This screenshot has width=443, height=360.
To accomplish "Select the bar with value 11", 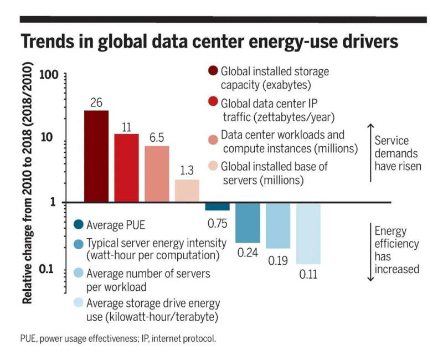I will tap(126, 168).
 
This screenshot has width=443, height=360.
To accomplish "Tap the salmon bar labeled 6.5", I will tap(157, 174).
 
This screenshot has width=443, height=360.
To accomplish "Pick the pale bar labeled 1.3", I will tap(187, 191).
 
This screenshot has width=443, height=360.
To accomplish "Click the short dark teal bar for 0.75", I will tap(217, 207).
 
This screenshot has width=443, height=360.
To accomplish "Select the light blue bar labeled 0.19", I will tap(277, 225).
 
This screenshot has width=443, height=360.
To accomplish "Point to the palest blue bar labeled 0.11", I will tap(308, 233).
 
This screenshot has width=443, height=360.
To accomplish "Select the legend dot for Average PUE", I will tap(79, 224).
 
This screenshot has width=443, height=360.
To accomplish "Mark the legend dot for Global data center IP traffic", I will tap(212, 104).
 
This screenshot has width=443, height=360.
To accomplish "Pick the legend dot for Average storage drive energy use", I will tap(79, 304).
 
